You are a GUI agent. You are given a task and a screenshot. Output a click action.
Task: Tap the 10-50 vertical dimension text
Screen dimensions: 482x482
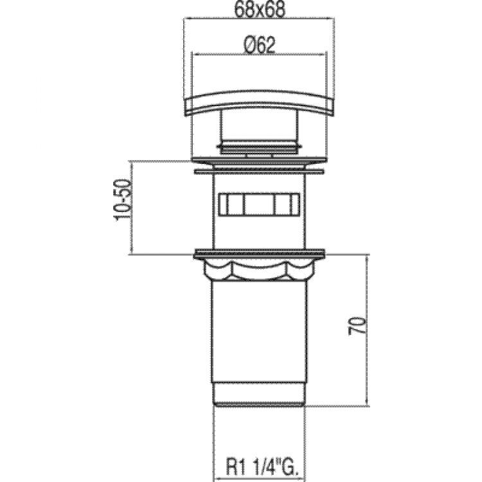pyautogui.click(x=123, y=200)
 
